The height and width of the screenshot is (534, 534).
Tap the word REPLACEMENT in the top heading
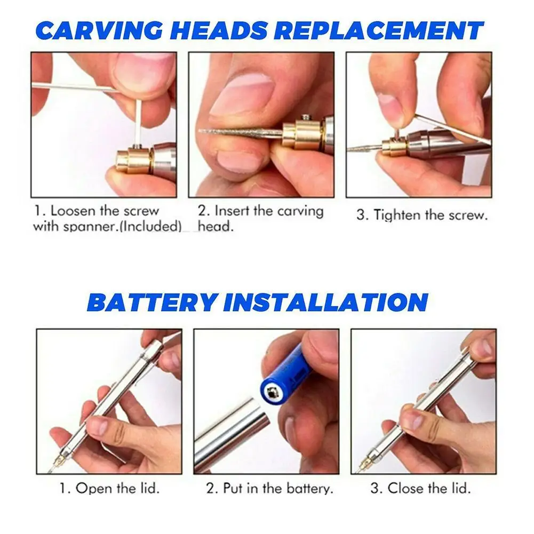(382, 31)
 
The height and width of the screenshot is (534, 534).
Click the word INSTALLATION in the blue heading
(326, 302)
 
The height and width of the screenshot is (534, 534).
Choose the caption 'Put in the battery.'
(270, 488)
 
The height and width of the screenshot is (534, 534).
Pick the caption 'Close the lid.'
(421, 488)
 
